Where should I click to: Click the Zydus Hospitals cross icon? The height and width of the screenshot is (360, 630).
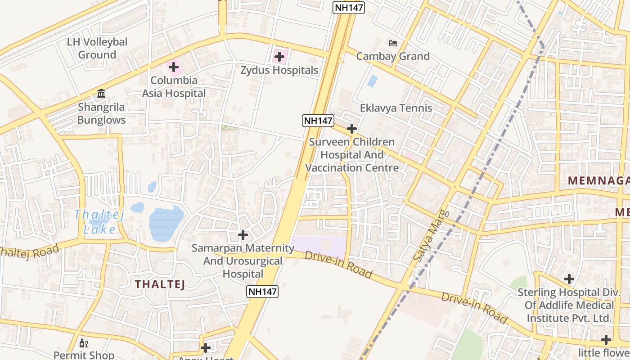279,57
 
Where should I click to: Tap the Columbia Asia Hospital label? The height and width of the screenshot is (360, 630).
174,87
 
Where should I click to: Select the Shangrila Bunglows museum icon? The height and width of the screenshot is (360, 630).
101,94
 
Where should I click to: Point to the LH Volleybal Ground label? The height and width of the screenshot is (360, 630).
97,48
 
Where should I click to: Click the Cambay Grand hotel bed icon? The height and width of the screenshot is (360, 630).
393,43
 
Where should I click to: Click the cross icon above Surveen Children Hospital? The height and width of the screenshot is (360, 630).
351,129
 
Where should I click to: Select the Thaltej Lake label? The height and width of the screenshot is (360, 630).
99,222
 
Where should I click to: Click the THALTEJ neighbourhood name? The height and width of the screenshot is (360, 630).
160,284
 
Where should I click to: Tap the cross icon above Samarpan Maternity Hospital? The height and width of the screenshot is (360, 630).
243,234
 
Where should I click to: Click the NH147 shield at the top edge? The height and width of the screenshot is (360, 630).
348,8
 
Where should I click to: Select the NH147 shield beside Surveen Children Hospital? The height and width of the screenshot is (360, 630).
318,121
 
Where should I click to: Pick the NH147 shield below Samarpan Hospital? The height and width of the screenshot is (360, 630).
263,291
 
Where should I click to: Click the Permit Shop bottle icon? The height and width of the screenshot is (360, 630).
84,343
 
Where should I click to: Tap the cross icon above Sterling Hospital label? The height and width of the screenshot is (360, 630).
569,279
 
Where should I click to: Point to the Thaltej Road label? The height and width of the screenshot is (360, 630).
29,252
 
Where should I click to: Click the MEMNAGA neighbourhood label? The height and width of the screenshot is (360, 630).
598,181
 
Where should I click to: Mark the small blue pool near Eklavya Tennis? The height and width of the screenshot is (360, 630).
372,81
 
